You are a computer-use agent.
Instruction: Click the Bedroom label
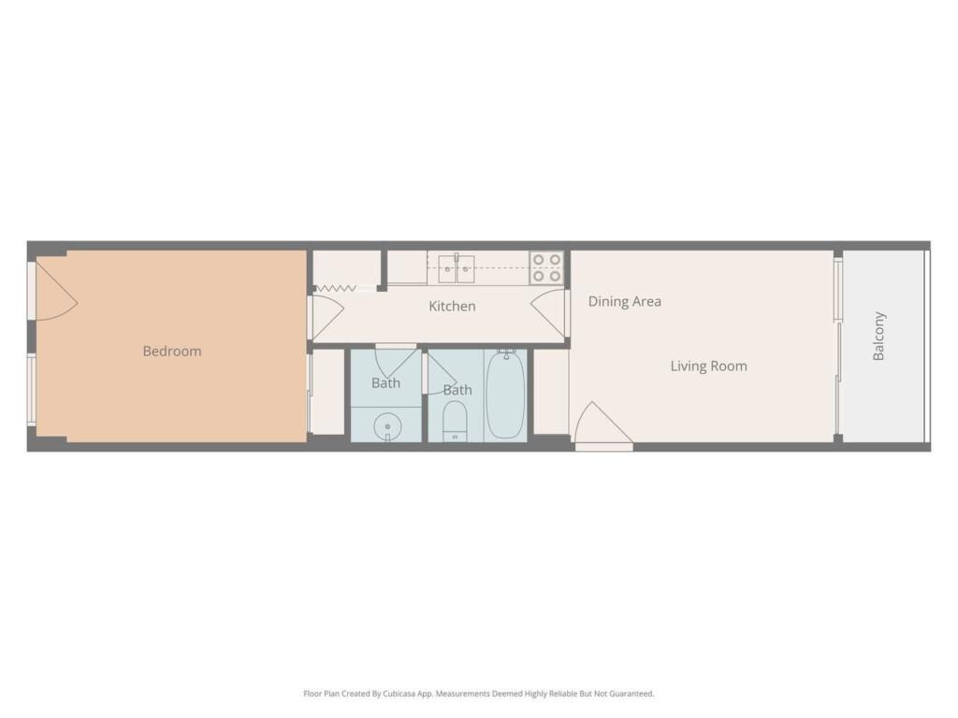pos(172,352)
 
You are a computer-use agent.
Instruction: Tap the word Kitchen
pos(452,306)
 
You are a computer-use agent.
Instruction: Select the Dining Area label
pos(624,302)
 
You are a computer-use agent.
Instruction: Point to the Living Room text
pos(709,366)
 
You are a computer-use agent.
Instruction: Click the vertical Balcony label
pos(878,337)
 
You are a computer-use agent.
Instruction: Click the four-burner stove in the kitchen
pos(546,268)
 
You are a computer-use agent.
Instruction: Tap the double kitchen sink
pos(457,268)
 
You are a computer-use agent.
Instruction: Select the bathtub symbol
pos(505,394)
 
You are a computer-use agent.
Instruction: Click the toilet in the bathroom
pos(455,421)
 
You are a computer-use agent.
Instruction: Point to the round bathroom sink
pos(387,425)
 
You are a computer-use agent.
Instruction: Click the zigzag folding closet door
pos(336,288)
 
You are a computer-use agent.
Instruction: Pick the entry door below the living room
pos(603,425)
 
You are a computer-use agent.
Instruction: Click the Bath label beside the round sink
pos(386,383)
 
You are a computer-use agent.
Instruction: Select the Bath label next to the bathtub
pos(457,390)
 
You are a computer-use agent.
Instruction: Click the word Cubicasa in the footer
pos(400,694)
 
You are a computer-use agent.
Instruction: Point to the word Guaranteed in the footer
pos(631,694)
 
